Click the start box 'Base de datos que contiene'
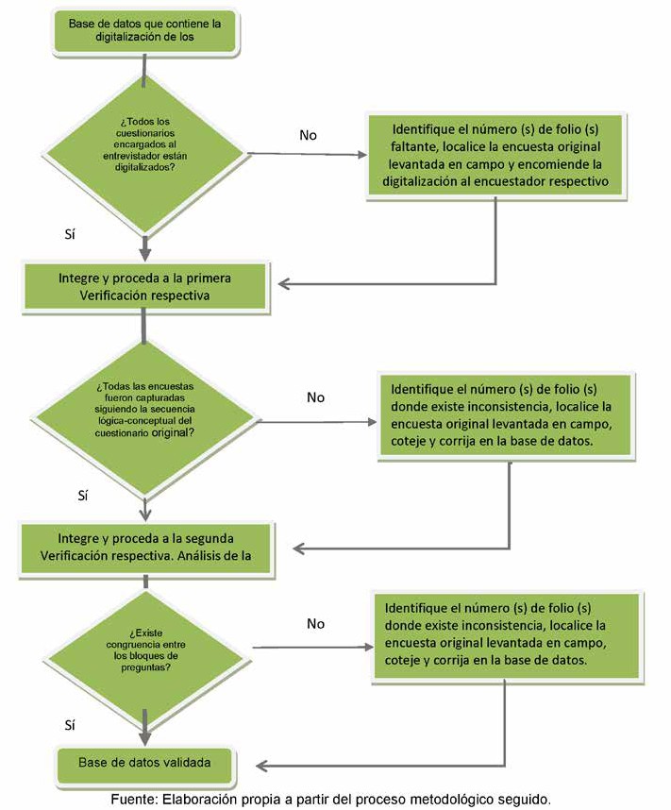pos(144,30)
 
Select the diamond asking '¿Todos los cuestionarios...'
pos(144,154)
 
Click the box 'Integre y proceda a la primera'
pos(144,287)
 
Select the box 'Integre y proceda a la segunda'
pos(145,548)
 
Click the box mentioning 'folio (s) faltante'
pos(495,155)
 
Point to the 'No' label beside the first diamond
pos(308,135)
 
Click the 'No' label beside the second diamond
pos(315,397)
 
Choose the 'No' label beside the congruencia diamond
pos(315,623)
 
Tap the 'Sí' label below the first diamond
pos(70,234)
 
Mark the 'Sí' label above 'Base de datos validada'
pos(70,725)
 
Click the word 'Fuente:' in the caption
pos(134,800)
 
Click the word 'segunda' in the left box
pos(210,538)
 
